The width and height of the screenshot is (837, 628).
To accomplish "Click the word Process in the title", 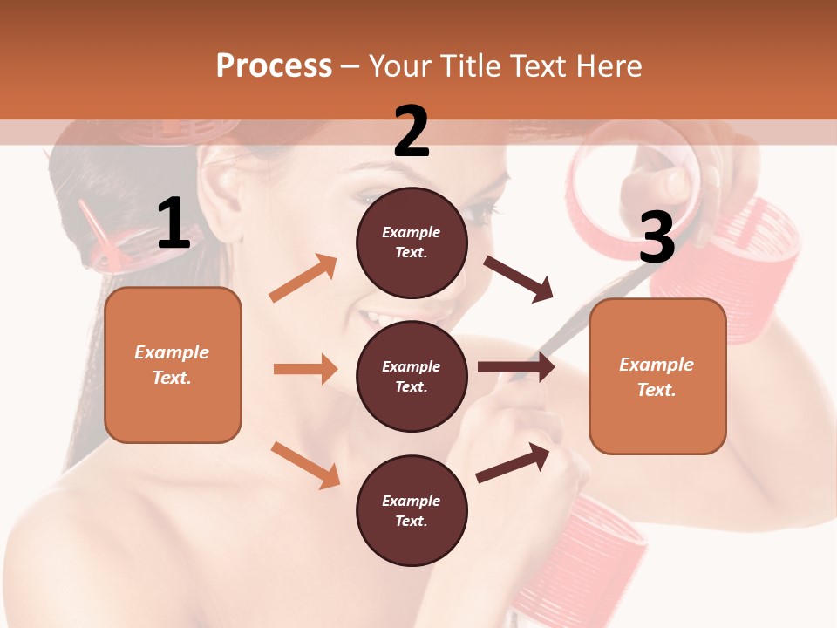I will [274, 66].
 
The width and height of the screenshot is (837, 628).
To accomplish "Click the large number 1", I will [174, 224].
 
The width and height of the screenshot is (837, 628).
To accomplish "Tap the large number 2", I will [412, 132].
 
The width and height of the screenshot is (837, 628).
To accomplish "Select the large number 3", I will [657, 237].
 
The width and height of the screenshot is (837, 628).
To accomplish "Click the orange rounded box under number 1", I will [173, 365].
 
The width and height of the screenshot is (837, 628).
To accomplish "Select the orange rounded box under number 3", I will [657, 376].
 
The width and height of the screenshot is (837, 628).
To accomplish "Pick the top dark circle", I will [412, 242].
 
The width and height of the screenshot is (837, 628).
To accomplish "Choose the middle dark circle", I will [412, 376].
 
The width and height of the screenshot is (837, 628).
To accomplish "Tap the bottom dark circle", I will [412, 510].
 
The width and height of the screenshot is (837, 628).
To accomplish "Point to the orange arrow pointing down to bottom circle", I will [305, 464].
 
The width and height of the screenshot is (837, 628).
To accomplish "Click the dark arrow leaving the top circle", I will [519, 278].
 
